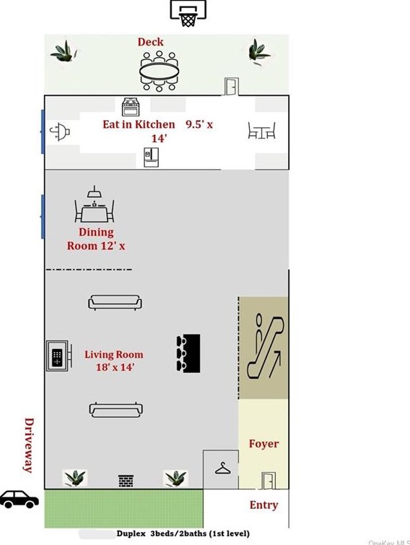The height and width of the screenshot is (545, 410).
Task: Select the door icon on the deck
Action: pos(230,87)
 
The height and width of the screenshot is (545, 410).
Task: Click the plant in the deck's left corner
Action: pos(64,51)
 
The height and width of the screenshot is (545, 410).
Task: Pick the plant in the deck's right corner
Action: pos(259,51)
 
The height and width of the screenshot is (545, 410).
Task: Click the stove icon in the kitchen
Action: pos(131,108)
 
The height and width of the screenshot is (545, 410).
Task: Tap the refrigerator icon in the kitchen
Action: pos(151,157)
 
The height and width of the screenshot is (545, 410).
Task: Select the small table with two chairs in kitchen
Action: pos(261,131)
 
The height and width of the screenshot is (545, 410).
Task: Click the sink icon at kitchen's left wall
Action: pos(59,132)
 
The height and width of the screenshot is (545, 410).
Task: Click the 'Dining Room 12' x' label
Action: pos(96,239)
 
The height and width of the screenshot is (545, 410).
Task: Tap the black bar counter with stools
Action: pos(188,353)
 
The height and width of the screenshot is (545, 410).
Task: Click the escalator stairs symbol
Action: pos(263,347)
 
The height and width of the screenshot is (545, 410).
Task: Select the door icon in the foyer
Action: pos(268,480)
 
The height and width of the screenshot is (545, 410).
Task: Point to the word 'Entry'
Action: pos(263,505)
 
